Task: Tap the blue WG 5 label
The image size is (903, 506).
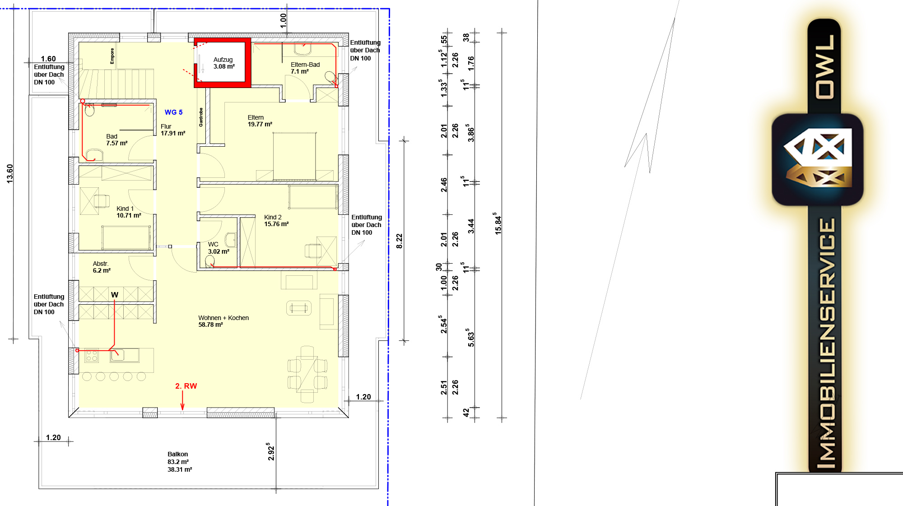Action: coord(174,112)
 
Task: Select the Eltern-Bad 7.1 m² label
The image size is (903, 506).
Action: coord(305,68)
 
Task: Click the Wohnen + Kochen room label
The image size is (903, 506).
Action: coord(223,321)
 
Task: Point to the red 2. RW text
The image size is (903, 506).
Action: coord(186,386)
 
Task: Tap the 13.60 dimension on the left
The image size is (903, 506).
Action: coord(10,174)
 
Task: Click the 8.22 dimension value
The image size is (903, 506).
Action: coord(399,241)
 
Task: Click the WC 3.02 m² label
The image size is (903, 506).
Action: coord(219,248)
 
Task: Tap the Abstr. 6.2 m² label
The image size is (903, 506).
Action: coord(102,267)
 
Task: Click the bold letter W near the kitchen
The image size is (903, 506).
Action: coord(115,295)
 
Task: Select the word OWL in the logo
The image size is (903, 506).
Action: coord(825,66)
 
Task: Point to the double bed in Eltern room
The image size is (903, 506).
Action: coord(294,156)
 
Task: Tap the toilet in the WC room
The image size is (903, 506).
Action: coord(210,261)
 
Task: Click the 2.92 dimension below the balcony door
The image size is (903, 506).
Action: coord(271,451)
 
